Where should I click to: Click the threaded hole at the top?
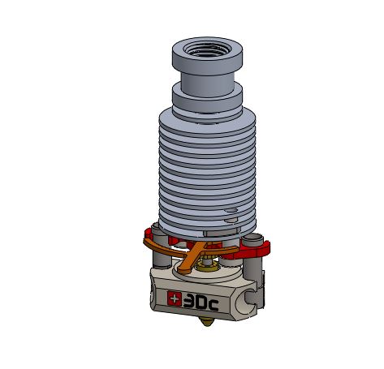(x=207, y=49)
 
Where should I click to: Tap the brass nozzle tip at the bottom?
(x=207, y=322)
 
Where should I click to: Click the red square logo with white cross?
(x=175, y=298)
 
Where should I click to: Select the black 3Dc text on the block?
(x=201, y=302)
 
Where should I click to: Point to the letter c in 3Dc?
(x=214, y=306)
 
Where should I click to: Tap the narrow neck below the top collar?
(x=208, y=84)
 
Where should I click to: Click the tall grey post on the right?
(x=252, y=257)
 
